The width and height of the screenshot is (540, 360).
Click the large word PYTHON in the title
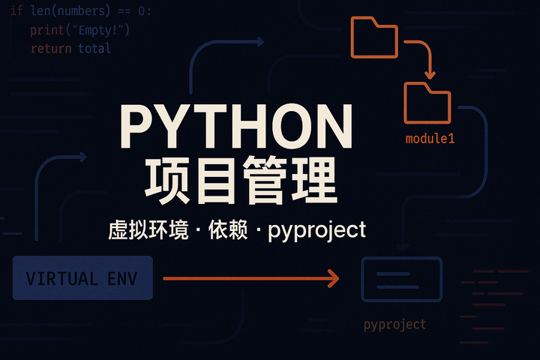(x=236, y=127)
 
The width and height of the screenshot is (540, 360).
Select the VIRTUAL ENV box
(x=82, y=278)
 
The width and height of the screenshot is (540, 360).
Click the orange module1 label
(x=430, y=139)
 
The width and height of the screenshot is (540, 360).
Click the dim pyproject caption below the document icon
(x=394, y=325)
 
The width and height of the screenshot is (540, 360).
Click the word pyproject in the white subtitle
(x=321, y=229)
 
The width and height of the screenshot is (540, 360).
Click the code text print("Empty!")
(x=80, y=30)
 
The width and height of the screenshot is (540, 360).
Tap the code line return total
(x=70, y=49)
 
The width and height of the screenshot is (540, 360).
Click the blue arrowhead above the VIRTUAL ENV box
(x=82, y=157)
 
